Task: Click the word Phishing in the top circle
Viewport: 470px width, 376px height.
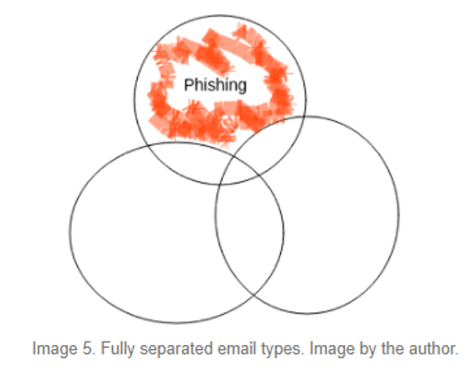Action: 216,86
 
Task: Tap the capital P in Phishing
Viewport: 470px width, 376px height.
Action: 188,85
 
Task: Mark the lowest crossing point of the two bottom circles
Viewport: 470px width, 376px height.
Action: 254,296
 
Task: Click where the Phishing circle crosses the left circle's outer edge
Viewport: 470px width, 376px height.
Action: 148,146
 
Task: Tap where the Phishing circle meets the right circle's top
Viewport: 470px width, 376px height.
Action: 304,117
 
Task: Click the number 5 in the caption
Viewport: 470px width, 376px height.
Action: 87,349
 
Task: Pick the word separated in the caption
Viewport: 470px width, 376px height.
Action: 177,349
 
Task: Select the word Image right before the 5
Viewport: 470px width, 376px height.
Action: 54,350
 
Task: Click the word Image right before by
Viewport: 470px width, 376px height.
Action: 331,350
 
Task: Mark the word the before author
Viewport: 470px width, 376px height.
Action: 392,349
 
